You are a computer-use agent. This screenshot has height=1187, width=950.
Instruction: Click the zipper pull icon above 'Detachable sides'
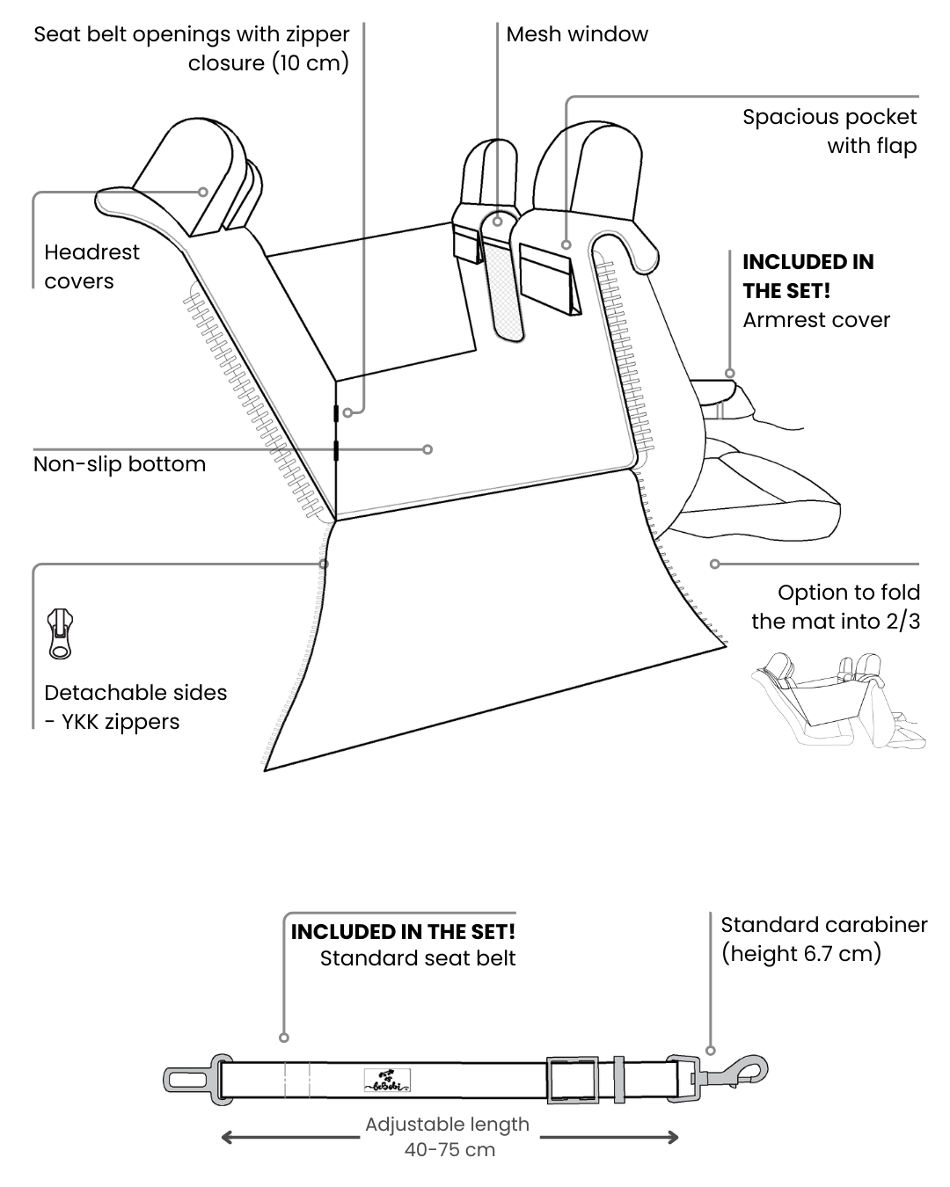[x=60, y=633]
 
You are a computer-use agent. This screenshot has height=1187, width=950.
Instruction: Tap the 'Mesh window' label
[x=577, y=34]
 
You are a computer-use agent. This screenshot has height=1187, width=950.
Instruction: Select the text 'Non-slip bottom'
[x=120, y=464]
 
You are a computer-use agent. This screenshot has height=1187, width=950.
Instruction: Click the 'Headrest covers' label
[x=91, y=266]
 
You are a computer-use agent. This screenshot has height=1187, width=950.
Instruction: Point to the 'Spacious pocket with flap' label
[x=829, y=131]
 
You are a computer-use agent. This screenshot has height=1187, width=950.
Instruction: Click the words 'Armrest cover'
[x=816, y=320]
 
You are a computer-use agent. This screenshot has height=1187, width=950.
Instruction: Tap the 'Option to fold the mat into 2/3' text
[x=835, y=607]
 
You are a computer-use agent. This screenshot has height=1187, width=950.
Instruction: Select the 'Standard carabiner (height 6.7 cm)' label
[x=823, y=939]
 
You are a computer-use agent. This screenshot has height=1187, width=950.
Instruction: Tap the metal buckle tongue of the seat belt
[x=187, y=1079]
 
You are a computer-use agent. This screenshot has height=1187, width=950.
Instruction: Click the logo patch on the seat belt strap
[x=387, y=1081]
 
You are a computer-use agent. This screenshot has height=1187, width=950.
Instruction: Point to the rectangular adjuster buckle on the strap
[x=572, y=1080]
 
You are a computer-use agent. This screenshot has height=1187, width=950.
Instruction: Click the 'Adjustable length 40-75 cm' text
[x=449, y=1137]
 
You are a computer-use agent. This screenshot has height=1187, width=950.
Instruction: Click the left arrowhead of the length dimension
[x=228, y=1138]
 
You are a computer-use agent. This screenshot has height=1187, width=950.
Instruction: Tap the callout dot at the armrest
[x=729, y=373]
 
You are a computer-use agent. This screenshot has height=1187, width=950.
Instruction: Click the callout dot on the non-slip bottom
[x=427, y=449]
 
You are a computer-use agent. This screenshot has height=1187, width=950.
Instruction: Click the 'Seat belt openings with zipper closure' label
[x=191, y=48]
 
